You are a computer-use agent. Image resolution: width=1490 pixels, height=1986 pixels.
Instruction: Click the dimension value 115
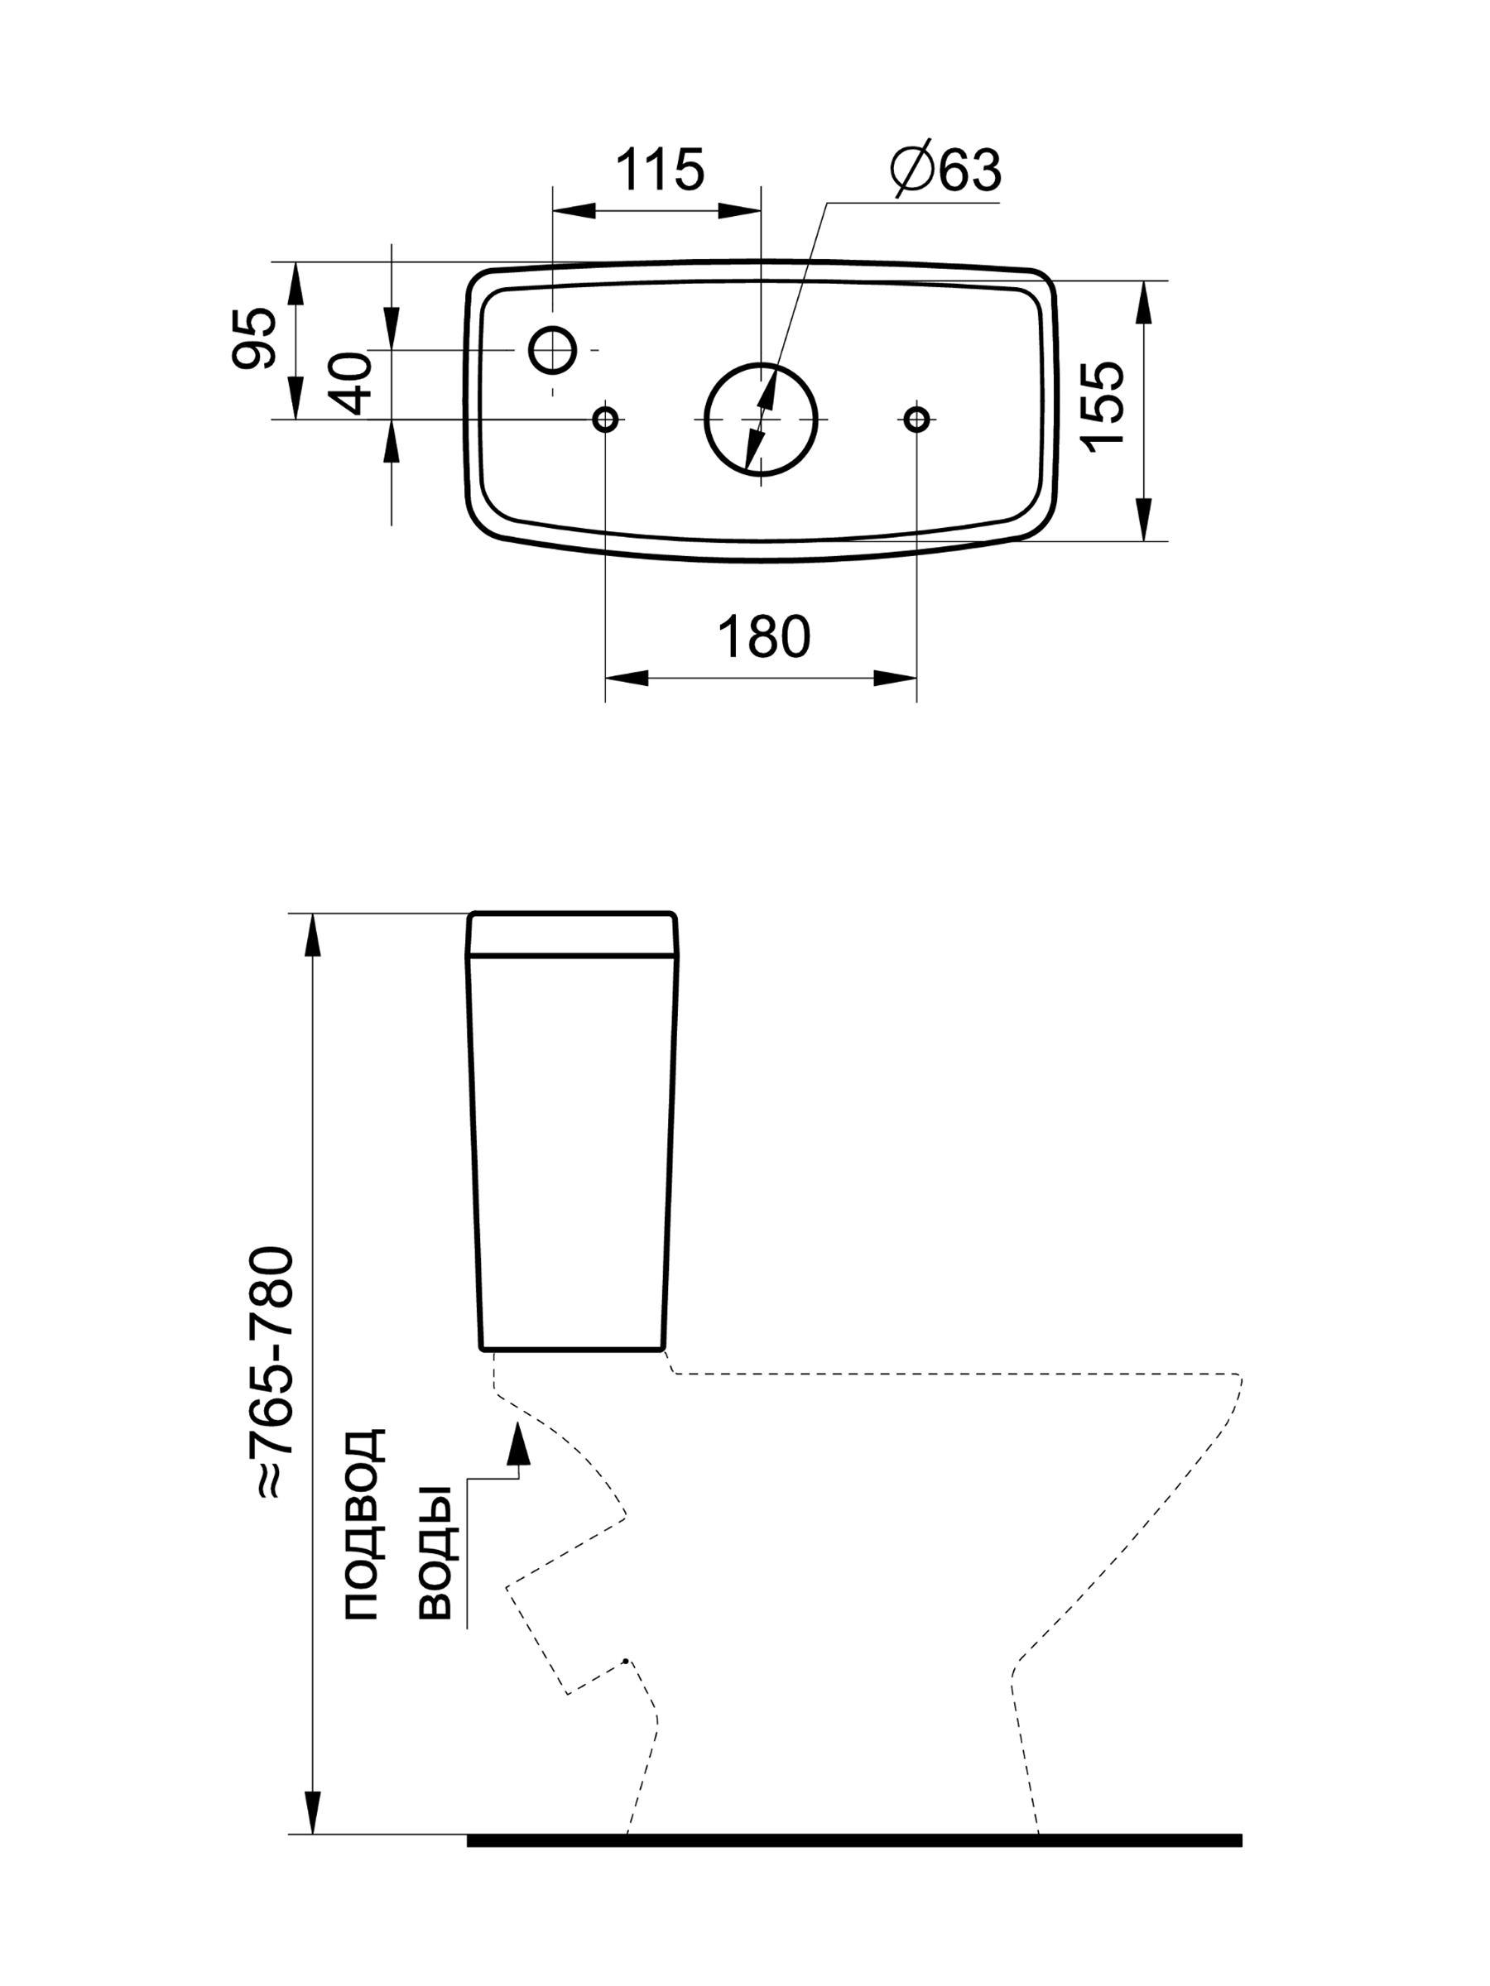659,170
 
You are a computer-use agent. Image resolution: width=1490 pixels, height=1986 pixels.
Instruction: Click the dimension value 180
763,637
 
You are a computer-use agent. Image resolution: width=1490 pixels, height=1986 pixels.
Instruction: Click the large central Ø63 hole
760,420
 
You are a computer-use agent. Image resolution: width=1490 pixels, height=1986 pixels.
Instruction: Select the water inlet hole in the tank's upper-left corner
552,349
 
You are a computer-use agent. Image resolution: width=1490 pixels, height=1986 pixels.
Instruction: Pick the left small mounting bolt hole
605,419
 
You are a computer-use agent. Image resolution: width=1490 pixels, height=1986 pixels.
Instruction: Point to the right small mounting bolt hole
916,419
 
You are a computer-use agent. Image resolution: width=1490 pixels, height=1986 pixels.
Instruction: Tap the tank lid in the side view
572,934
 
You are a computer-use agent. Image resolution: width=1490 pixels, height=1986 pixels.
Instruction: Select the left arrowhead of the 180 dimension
627,678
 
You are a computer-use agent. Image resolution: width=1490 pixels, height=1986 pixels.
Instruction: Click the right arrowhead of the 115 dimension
739,211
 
